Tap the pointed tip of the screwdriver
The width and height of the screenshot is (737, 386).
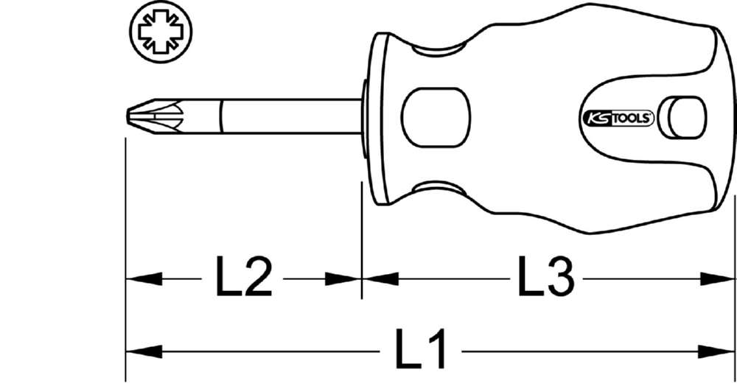130,116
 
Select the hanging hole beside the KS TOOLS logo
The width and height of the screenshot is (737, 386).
682,117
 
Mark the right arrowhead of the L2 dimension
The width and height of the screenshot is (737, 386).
343,279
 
